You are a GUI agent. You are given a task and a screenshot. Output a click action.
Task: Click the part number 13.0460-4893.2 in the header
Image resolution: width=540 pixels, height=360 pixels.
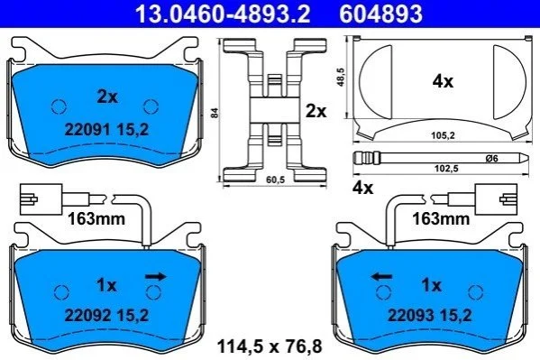coord(223,14)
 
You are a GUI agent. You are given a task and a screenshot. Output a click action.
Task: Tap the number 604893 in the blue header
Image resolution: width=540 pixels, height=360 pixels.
coord(380,14)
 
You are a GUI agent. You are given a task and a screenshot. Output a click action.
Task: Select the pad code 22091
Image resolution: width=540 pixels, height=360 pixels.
coord(87,130)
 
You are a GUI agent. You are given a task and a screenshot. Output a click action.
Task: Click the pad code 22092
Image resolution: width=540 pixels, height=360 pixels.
coord(87,315)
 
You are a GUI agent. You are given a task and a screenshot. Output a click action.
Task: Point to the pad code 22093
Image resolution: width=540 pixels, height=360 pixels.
coord(411,315)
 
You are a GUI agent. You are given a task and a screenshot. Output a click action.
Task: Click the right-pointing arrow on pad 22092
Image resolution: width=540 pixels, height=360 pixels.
coord(156,277)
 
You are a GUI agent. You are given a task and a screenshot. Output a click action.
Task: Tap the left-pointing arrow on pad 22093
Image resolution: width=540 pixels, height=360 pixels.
coord(381,277)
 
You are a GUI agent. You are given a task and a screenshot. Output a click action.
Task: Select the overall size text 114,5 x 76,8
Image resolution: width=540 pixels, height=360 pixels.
coord(270,346)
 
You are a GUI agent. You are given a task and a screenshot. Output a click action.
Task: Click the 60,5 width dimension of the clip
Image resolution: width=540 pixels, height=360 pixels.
coord(276,180)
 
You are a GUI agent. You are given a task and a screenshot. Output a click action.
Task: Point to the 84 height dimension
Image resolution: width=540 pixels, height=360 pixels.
coord(215,113)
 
